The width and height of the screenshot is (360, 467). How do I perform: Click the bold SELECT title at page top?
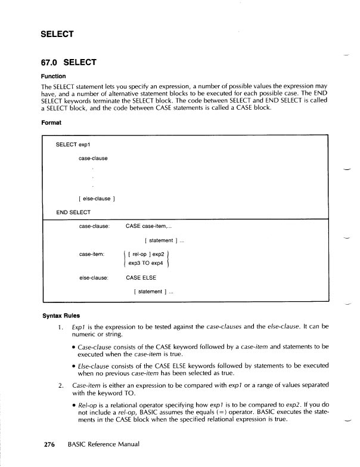pos(57,34)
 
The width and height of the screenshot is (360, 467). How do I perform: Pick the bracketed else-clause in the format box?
pos(95,199)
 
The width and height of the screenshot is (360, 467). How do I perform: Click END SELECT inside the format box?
pos(73,212)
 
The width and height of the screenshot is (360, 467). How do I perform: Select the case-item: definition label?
pos(92,254)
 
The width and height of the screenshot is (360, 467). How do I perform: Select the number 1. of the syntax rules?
pos(60,327)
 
